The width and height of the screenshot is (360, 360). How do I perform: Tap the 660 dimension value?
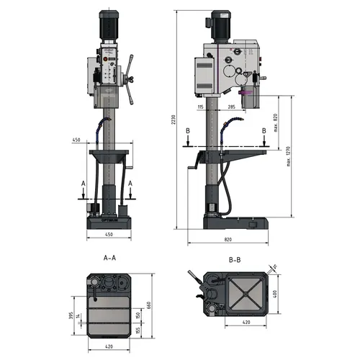pos(149,305)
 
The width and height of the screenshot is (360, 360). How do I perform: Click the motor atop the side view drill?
pos(219,25)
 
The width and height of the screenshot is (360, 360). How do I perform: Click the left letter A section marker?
pos(84,185)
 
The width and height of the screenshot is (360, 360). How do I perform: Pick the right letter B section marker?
pos(264,130)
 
